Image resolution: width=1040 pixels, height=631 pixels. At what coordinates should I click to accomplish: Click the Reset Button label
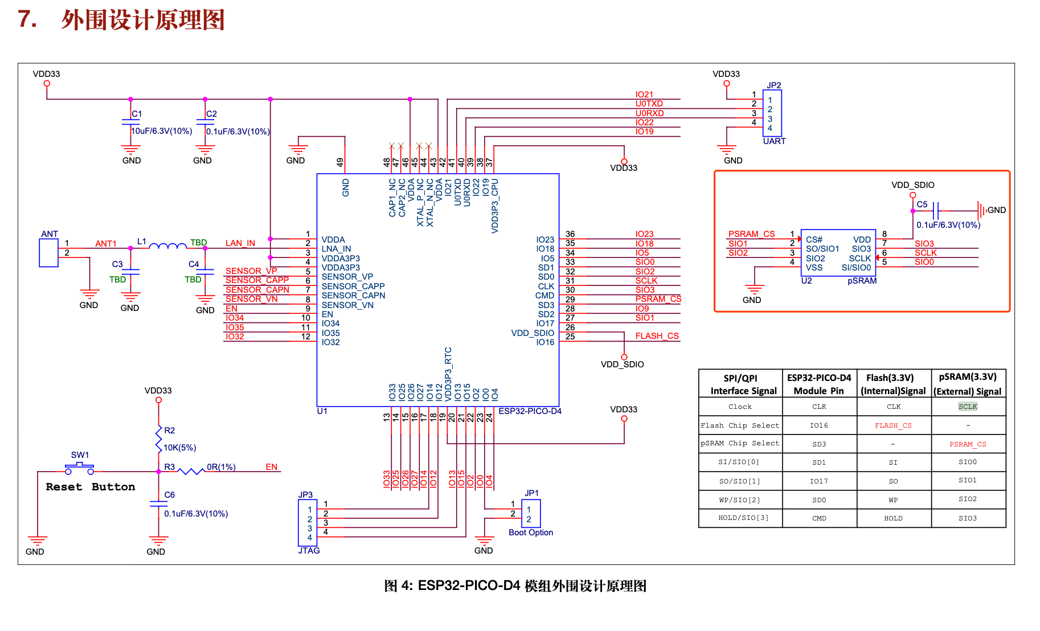tap(91, 487)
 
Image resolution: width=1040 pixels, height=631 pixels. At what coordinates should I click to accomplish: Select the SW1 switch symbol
tap(79, 469)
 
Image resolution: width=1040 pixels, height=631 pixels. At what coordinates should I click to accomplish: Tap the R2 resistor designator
tap(170, 431)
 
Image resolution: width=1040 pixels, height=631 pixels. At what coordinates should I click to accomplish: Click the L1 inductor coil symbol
tap(167, 245)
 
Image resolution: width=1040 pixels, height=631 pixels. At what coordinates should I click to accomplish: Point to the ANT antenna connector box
tap(48, 253)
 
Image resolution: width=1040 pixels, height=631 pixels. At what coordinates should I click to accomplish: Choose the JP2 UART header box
tap(772, 113)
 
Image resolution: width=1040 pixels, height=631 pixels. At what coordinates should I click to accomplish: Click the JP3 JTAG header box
tap(308, 523)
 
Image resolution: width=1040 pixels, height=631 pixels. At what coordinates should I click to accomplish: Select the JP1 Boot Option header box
tap(531, 514)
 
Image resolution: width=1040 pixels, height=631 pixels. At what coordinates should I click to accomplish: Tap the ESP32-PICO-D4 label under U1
tap(530, 411)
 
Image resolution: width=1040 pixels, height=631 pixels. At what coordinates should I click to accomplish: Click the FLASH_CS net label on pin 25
tap(657, 336)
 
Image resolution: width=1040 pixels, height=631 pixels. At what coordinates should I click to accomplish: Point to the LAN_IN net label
tap(240, 243)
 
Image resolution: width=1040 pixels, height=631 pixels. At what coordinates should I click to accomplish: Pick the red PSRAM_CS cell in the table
tap(968, 444)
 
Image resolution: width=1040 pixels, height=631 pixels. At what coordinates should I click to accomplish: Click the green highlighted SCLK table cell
tap(968, 407)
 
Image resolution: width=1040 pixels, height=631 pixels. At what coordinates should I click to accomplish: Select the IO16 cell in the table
tap(819, 425)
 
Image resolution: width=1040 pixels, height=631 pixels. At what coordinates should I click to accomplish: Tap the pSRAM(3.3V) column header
tap(968, 384)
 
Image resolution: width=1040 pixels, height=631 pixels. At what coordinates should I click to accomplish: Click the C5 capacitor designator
tap(922, 204)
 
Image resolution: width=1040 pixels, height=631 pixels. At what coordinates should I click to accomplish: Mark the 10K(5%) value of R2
tap(180, 448)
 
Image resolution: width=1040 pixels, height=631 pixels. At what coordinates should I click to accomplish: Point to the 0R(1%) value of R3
tap(221, 467)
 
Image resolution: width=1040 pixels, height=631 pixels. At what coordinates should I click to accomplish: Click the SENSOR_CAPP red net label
tap(257, 280)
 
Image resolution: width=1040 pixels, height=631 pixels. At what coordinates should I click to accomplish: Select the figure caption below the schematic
tap(515, 586)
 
